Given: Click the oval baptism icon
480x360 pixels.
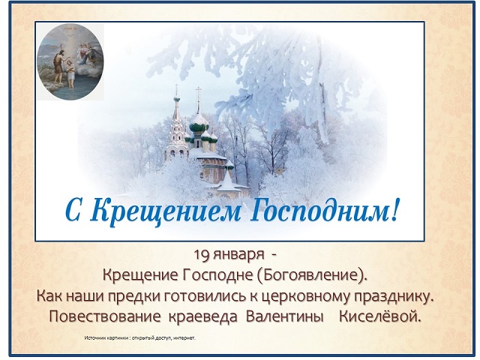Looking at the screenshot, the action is click(70, 61).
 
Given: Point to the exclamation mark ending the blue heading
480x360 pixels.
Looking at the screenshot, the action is click(395, 209).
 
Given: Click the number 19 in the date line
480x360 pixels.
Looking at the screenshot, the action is click(201, 254).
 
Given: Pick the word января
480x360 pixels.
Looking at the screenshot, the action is click(238, 256).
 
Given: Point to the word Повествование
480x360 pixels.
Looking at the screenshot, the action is click(105, 316).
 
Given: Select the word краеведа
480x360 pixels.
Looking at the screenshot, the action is click(203, 317).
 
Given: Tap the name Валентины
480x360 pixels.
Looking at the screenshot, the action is click(285, 316).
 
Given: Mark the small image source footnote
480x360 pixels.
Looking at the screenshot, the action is click(140, 338).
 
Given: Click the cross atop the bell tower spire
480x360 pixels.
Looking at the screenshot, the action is click(176, 89).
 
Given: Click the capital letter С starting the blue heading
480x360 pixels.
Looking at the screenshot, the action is click(73, 211).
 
